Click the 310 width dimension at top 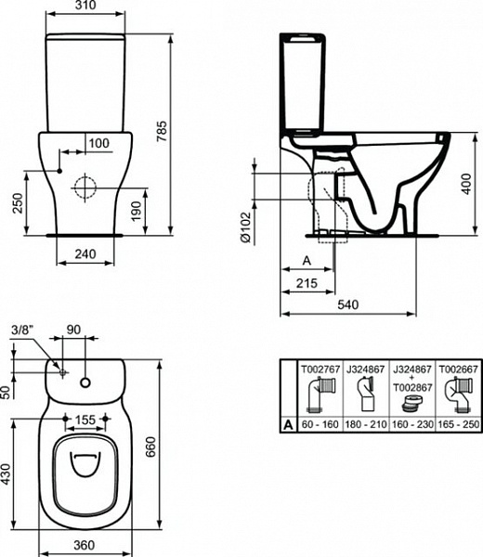click(85, 7)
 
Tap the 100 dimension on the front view click(99, 142)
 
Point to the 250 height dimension click(17, 203)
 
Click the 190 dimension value click(137, 211)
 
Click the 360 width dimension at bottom click(85, 547)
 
